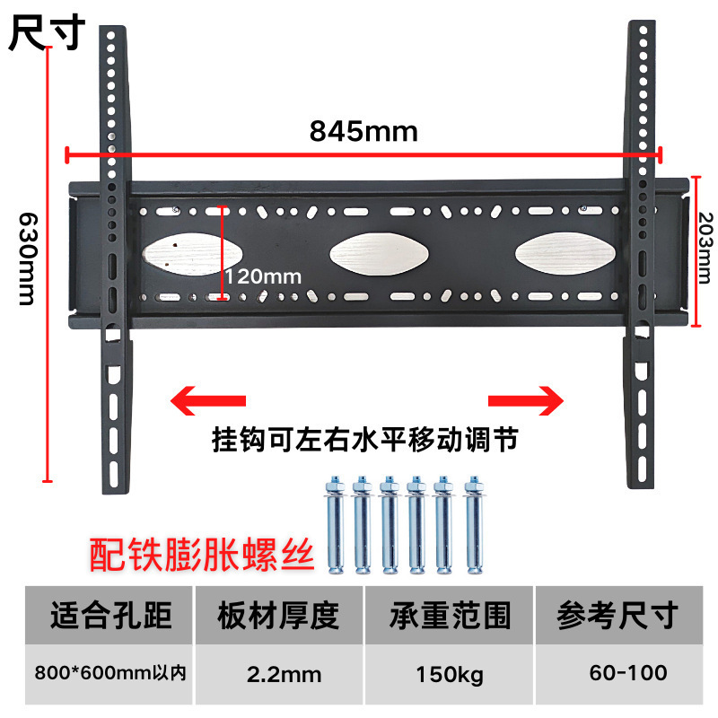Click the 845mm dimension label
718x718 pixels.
click(x=363, y=132)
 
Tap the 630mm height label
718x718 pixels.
click(x=27, y=257)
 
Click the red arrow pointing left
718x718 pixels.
click(x=207, y=398)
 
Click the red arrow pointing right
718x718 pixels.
click(x=526, y=398)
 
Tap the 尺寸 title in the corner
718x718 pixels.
click(x=47, y=33)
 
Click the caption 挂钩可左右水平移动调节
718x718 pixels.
click(x=364, y=442)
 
